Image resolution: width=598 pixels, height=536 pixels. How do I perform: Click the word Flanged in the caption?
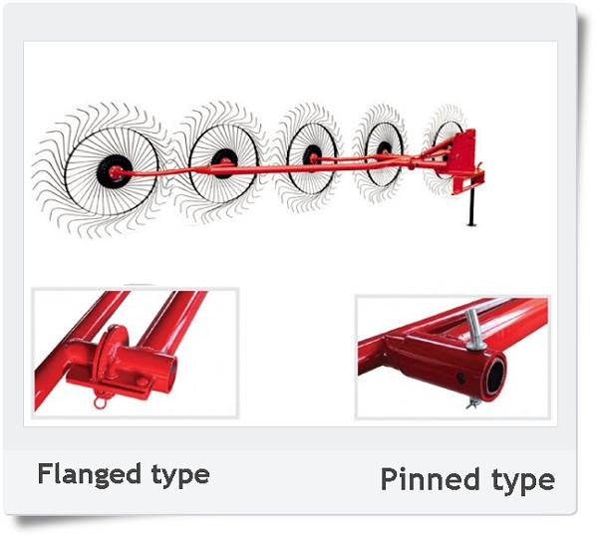90,474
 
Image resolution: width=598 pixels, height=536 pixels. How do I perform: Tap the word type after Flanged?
180,475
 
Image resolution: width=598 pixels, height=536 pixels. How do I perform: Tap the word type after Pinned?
523,481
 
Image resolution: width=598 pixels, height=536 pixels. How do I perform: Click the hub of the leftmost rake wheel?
115,172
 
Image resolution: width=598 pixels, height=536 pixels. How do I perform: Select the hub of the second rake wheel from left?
224,163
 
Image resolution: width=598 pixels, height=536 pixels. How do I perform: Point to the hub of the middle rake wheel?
313,156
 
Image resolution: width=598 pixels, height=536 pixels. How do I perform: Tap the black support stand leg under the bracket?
471,207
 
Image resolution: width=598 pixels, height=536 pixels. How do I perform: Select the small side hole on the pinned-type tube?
460,379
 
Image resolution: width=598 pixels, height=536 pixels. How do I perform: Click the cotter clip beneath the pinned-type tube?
472,402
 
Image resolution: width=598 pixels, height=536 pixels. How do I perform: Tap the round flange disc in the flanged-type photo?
109,354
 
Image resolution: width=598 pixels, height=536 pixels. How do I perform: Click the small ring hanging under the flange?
100,402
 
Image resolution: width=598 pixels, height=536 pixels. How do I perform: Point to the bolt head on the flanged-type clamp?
142,382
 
